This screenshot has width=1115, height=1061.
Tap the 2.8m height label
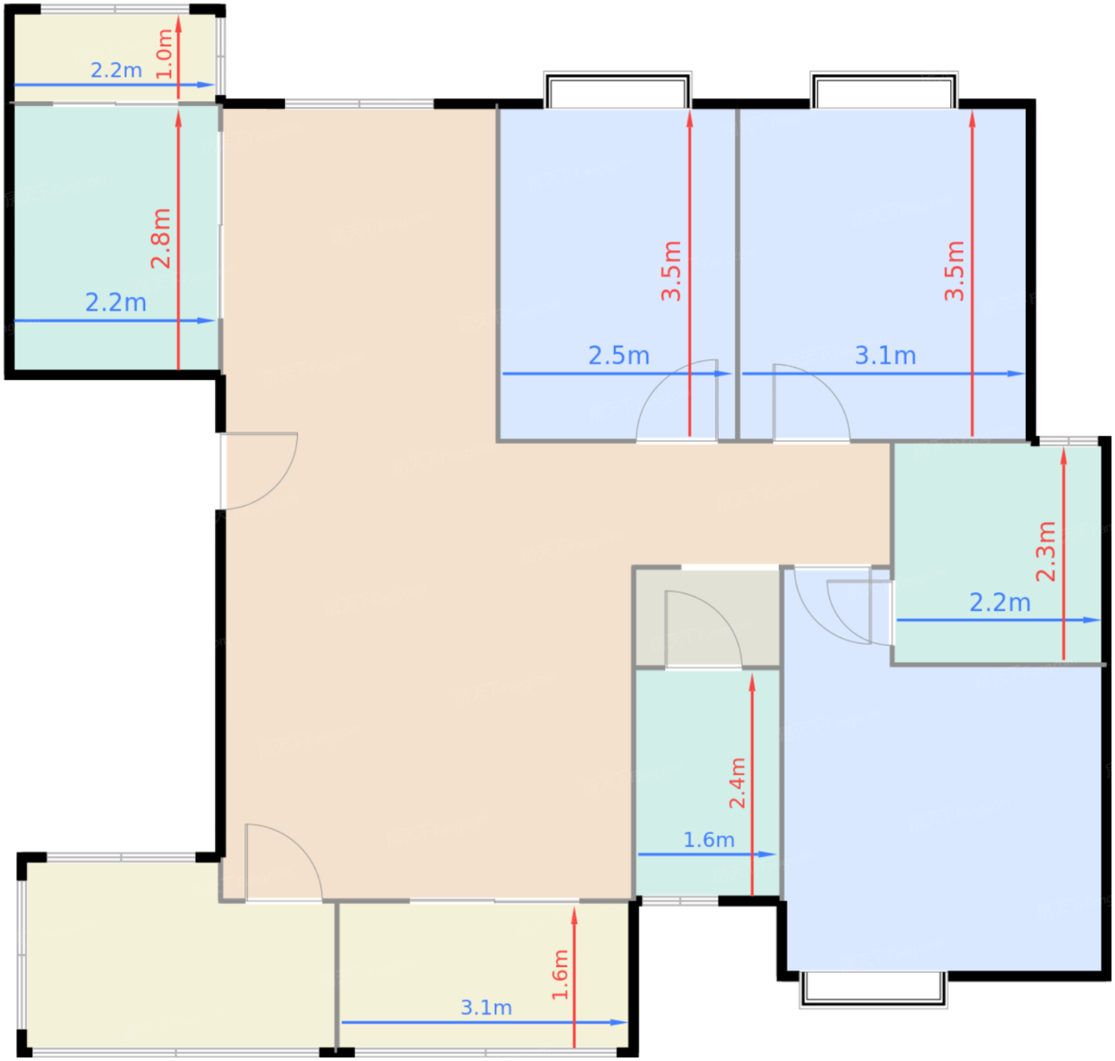161,238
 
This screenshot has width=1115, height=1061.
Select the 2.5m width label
619,356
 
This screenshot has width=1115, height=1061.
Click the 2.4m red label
737,783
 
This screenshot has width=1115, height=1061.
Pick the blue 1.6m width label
709,840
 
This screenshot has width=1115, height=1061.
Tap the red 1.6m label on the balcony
560,974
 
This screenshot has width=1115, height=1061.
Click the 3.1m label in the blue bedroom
886,356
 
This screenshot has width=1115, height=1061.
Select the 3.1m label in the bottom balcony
486,1008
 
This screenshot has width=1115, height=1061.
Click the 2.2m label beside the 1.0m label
116,70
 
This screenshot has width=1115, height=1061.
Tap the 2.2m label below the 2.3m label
1000,602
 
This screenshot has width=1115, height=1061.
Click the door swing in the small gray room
720,612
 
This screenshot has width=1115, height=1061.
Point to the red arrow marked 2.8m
178,240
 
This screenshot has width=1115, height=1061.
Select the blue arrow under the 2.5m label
617,374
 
